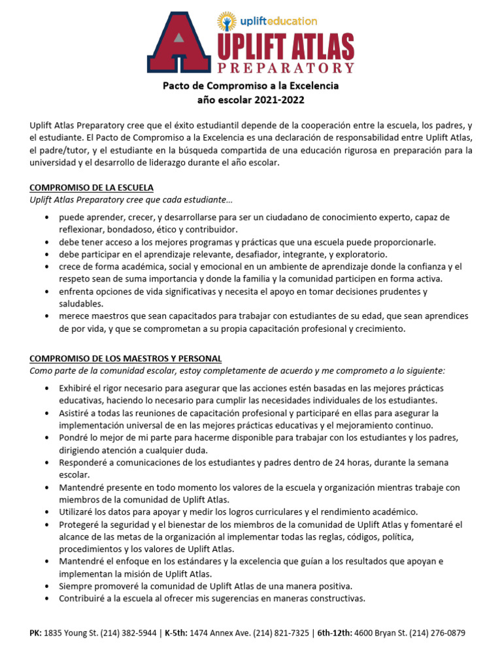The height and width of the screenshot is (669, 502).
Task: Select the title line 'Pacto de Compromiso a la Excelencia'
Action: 251,86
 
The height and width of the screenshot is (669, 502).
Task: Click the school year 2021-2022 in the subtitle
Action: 276,100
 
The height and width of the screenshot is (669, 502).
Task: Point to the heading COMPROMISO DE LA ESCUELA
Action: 92,187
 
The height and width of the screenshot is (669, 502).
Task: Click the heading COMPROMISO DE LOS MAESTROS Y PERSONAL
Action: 125,359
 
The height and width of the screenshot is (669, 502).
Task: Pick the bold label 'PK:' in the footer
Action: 36,633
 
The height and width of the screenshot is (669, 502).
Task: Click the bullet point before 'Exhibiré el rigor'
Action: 48,389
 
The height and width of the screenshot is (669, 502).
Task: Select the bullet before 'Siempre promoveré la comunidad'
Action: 48,585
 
